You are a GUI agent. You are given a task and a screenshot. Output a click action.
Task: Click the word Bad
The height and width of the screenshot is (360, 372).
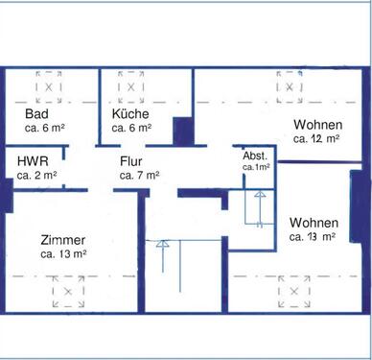(35, 114)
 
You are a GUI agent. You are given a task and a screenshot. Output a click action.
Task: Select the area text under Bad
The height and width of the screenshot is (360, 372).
(45, 129)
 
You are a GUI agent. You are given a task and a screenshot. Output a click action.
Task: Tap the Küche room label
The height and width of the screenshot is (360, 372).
(130, 114)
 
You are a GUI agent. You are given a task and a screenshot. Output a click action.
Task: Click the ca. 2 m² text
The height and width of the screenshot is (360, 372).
(36, 176)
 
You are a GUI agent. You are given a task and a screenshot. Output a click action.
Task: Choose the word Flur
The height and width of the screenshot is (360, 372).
(131, 161)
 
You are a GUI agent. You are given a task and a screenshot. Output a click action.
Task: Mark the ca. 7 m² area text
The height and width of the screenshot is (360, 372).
(139, 176)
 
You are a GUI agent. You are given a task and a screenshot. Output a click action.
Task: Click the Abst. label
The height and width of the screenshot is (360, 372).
(255, 156)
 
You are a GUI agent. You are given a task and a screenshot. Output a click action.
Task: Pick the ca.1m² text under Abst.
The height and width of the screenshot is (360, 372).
(256, 167)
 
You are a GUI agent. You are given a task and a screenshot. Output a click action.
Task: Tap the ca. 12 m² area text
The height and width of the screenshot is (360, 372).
(316, 138)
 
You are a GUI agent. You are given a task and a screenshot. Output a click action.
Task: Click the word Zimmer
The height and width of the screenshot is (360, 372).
(63, 240)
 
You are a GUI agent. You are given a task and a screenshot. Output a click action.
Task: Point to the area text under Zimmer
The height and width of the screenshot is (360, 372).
(64, 254)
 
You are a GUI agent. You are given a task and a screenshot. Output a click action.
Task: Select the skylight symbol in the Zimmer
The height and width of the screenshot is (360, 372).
(67, 292)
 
